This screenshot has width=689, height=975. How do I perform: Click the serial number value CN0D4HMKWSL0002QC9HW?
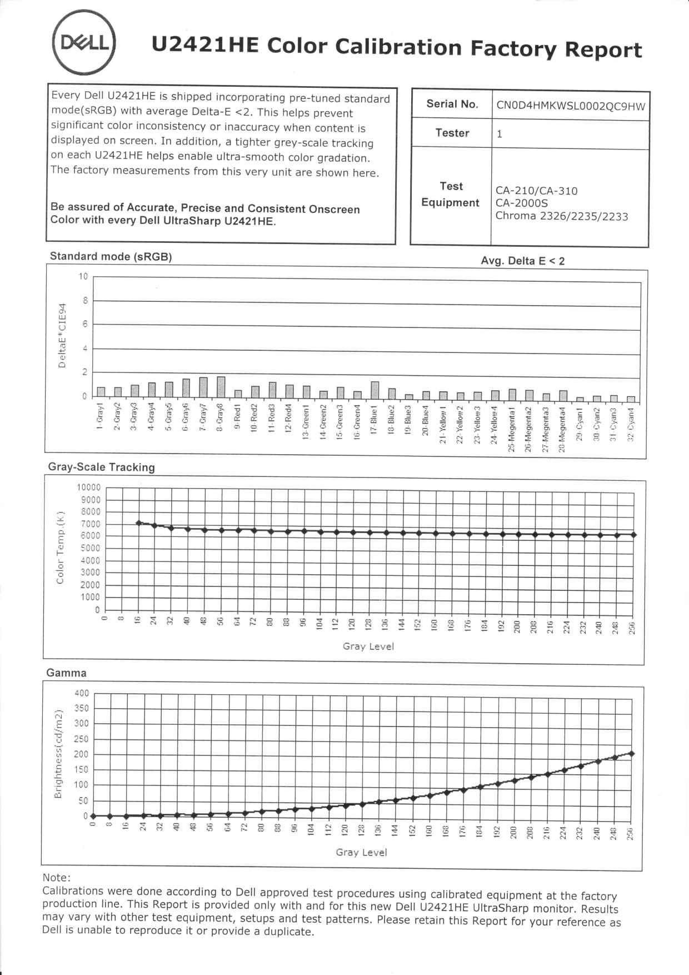(x=571, y=106)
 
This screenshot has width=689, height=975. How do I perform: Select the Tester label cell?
(x=452, y=133)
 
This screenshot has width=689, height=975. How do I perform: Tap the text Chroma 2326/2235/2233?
(x=561, y=216)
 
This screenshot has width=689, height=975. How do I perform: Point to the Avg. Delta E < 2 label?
(x=522, y=261)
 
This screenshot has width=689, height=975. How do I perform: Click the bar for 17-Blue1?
(x=375, y=390)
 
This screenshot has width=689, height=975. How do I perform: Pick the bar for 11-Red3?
(x=272, y=390)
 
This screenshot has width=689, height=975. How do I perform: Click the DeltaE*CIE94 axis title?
(x=62, y=335)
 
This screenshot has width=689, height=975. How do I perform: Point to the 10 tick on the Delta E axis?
(x=83, y=276)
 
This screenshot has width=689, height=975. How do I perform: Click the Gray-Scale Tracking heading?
(x=101, y=467)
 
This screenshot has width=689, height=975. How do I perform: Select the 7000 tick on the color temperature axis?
(x=91, y=524)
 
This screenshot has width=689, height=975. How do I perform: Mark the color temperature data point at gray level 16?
(x=139, y=523)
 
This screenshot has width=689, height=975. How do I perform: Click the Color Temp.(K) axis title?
(x=60, y=547)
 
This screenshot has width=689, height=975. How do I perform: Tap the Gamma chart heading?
(x=66, y=673)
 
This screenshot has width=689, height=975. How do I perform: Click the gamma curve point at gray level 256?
(x=631, y=753)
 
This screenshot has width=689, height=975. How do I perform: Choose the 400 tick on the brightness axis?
(x=81, y=693)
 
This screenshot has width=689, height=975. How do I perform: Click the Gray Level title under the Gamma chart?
(x=361, y=852)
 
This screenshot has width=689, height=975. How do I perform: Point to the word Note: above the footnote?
(x=57, y=877)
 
